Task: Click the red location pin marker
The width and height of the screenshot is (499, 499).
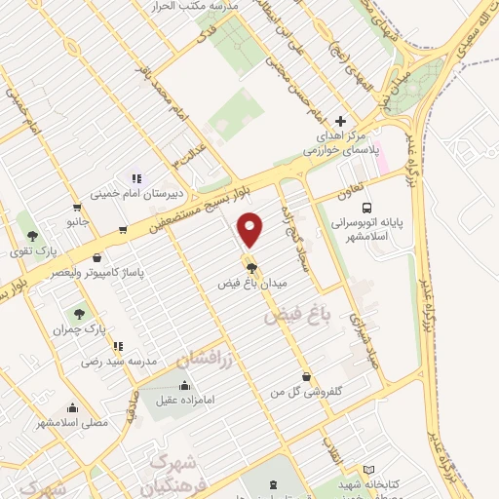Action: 250,229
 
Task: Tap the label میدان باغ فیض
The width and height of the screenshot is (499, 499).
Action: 252,283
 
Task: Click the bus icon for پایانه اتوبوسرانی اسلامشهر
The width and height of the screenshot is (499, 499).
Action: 366,207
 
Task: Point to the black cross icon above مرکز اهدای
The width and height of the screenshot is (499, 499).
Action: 339,121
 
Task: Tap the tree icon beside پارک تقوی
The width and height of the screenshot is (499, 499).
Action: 32,236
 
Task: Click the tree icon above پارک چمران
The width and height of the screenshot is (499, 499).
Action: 80,314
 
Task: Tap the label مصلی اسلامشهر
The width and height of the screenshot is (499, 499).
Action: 72,423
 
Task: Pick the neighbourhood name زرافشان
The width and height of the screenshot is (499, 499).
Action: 207,359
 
